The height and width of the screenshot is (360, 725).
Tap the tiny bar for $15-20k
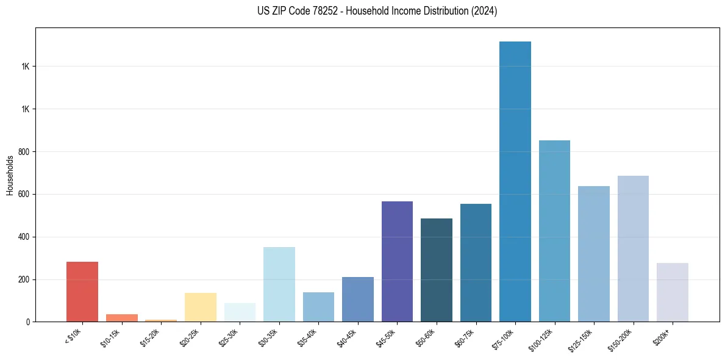pos(161,320)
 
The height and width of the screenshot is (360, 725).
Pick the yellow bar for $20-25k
pos(201,307)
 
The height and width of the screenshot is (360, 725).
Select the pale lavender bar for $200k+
pos(673,292)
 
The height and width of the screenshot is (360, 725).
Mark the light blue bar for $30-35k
pos(279,284)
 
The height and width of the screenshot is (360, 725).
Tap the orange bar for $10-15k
pos(122,318)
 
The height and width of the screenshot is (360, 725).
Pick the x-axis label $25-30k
pos(229,337)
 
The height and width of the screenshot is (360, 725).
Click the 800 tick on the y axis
pos(24,151)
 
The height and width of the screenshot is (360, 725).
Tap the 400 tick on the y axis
pos(24,237)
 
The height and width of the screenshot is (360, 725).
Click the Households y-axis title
pos(10,175)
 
